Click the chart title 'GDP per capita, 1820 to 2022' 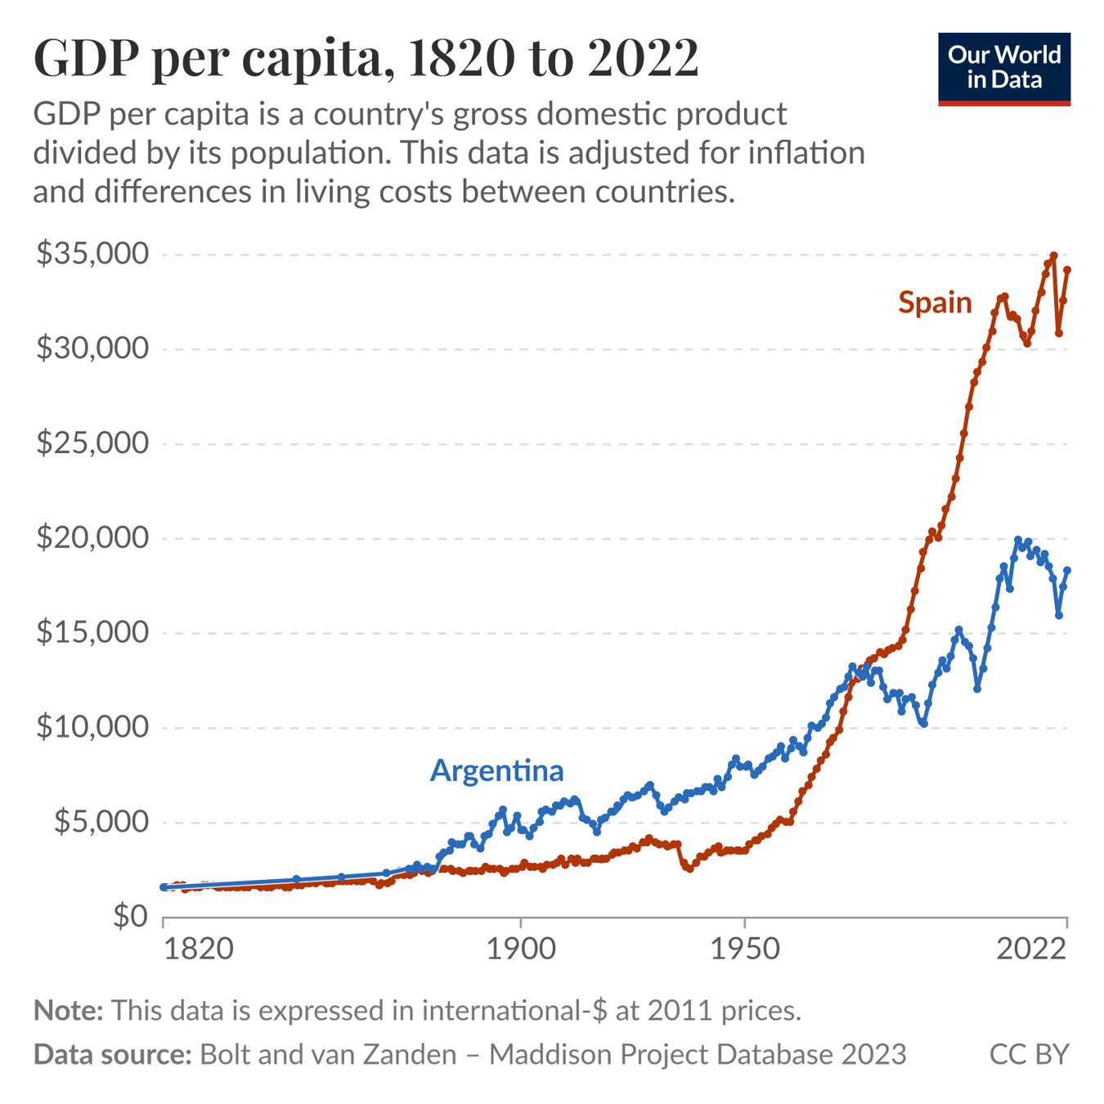[366, 59]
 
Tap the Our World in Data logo [1003, 69]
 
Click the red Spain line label [935, 303]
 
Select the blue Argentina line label [496, 770]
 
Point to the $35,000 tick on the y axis [92, 254]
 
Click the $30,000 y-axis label [92, 349]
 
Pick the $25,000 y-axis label [92, 443]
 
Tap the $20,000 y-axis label [92, 538]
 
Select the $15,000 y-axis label [92, 632]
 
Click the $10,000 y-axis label [92, 727]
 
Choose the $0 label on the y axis [131, 916]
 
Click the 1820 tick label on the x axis [199, 949]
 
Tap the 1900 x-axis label [520, 949]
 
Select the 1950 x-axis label [744, 949]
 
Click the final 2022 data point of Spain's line [1067, 270]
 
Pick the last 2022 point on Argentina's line [1067, 571]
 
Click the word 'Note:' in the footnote [68, 1011]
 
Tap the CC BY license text [1029, 1054]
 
